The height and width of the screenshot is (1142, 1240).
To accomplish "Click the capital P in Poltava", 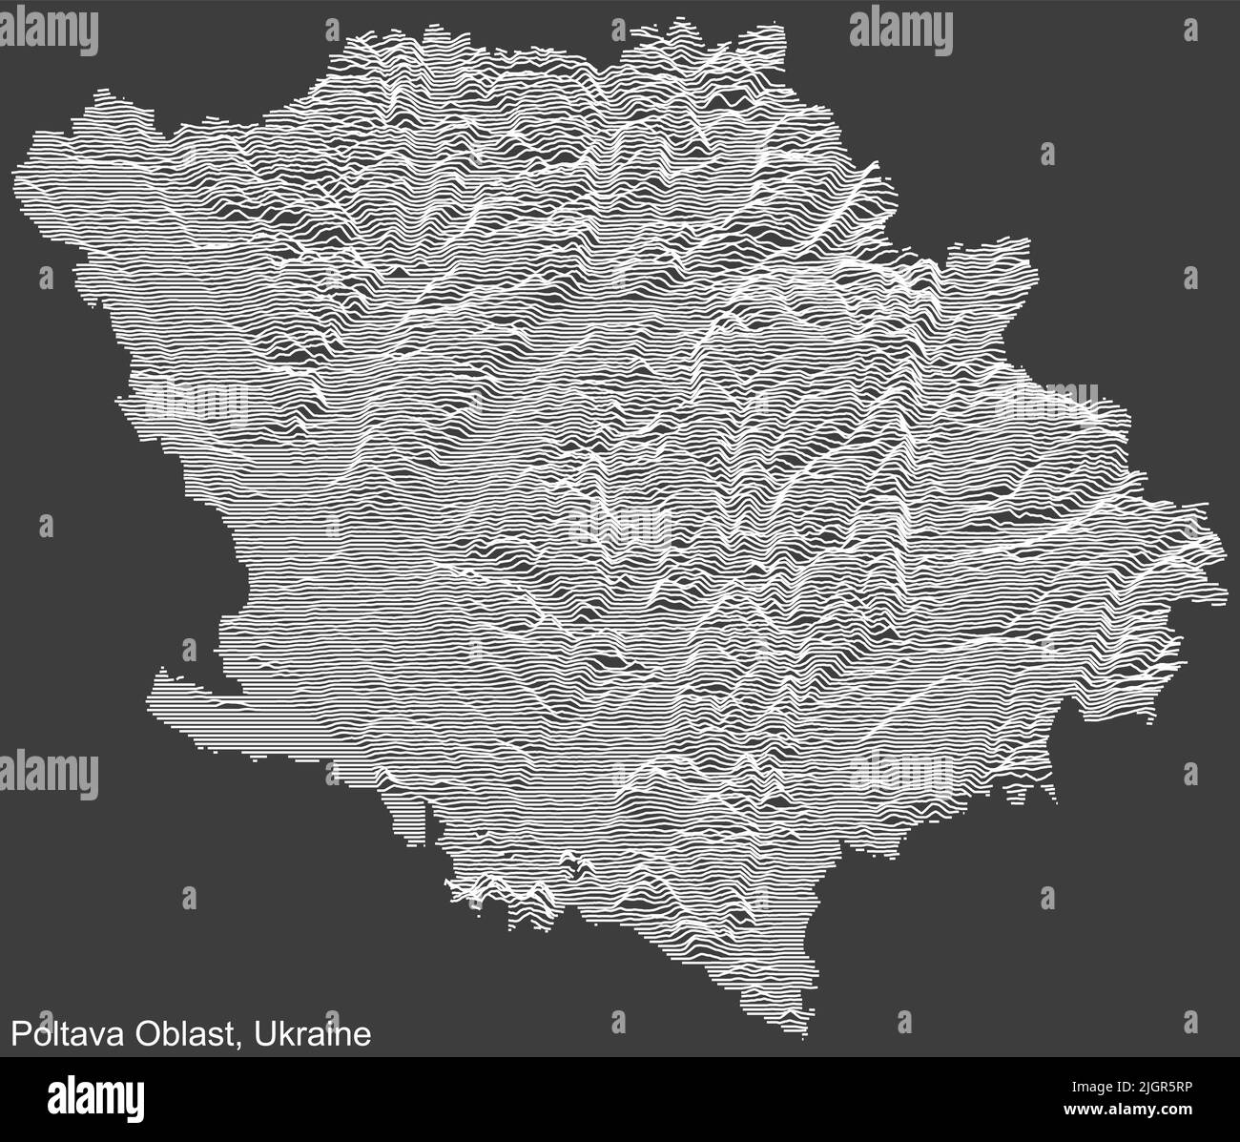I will [x=17, y=1034].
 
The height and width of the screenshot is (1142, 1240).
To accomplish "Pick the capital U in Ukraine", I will [x=263, y=1034].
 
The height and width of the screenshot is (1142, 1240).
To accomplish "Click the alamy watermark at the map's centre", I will [x=620, y=526].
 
